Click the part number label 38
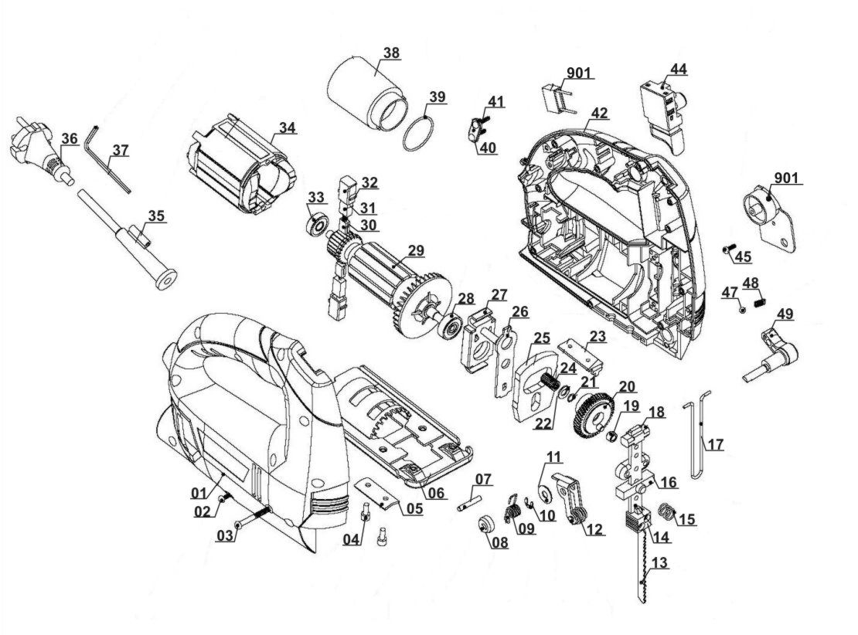click(392, 53)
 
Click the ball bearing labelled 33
click(317, 226)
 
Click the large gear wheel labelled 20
click(592, 416)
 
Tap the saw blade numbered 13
click(642, 572)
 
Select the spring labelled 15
click(666, 511)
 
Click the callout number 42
click(600, 114)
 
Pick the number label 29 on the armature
click(417, 250)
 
